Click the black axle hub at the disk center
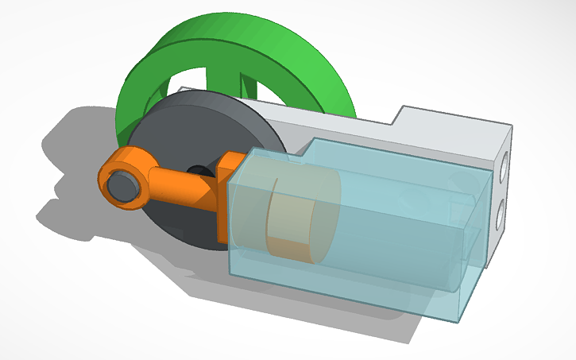(x=197, y=169)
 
